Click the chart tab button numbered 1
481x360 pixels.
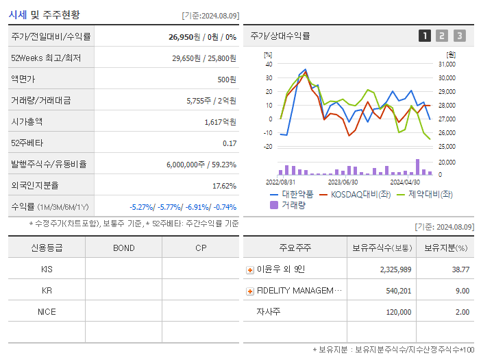pyautogui.click(x=425, y=36)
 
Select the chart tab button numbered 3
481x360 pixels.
pyautogui.click(x=459, y=36)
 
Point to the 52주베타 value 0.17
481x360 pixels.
pyautogui.click(x=229, y=143)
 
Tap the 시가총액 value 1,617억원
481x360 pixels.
pyautogui.click(x=220, y=122)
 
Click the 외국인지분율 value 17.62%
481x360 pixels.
pyautogui.click(x=224, y=186)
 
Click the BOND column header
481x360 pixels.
pyautogui.click(x=123, y=248)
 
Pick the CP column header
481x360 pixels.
pyautogui.click(x=201, y=248)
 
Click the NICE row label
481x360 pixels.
pyautogui.click(x=47, y=311)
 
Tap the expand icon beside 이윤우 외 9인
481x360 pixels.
pyautogui.click(x=250, y=270)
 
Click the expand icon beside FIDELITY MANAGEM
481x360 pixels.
pyautogui.click(x=250, y=291)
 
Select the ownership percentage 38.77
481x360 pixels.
pyautogui.click(x=460, y=270)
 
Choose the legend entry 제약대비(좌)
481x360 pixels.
pyautogui.click(x=424, y=195)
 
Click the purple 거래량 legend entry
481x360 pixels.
pyautogui.click(x=288, y=204)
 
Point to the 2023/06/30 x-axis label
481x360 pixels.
pyautogui.click(x=343, y=182)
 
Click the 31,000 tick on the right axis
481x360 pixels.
pyautogui.click(x=447, y=64)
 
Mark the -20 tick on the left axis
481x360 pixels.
pyautogui.click(x=269, y=147)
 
